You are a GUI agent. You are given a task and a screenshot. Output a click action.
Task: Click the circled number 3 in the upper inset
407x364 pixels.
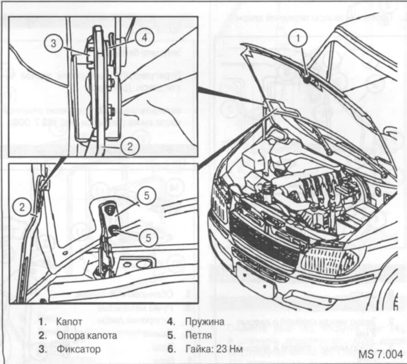tap(54, 43)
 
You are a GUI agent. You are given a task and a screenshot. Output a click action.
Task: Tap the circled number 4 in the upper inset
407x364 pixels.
tap(144, 38)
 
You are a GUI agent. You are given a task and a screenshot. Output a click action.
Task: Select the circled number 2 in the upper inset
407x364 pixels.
tap(130, 146)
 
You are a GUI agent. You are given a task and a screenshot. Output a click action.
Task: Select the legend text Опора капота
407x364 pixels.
tap(87, 335)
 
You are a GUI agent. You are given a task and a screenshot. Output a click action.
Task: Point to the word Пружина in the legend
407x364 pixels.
tap(205, 321)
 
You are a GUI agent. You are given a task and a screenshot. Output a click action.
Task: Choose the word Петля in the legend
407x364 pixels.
tap(199, 335)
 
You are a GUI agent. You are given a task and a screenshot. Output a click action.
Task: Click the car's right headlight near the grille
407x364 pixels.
tap(327, 260)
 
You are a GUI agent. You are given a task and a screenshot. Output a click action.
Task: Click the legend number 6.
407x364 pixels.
tap(170, 349)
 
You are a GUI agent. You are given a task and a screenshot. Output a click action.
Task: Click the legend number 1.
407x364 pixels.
tap(42, 321)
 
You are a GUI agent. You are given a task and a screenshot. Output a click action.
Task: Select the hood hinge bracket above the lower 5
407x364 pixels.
tap(111, 211)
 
